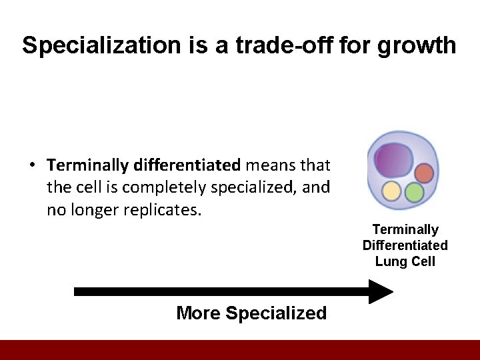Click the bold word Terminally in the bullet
(x=88, y=164)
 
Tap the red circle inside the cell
(x=424, y=173)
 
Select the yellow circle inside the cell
(x=391, y=192)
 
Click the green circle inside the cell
(x=414, y=193)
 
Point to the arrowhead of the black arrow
(x=381, y=291)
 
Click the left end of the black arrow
(x=77, y=291)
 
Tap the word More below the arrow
(x=198, y=313)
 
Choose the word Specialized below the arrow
(x=277, y=313)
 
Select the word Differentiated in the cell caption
(x=405, y=245)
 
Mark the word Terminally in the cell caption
(x=405, y=229)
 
